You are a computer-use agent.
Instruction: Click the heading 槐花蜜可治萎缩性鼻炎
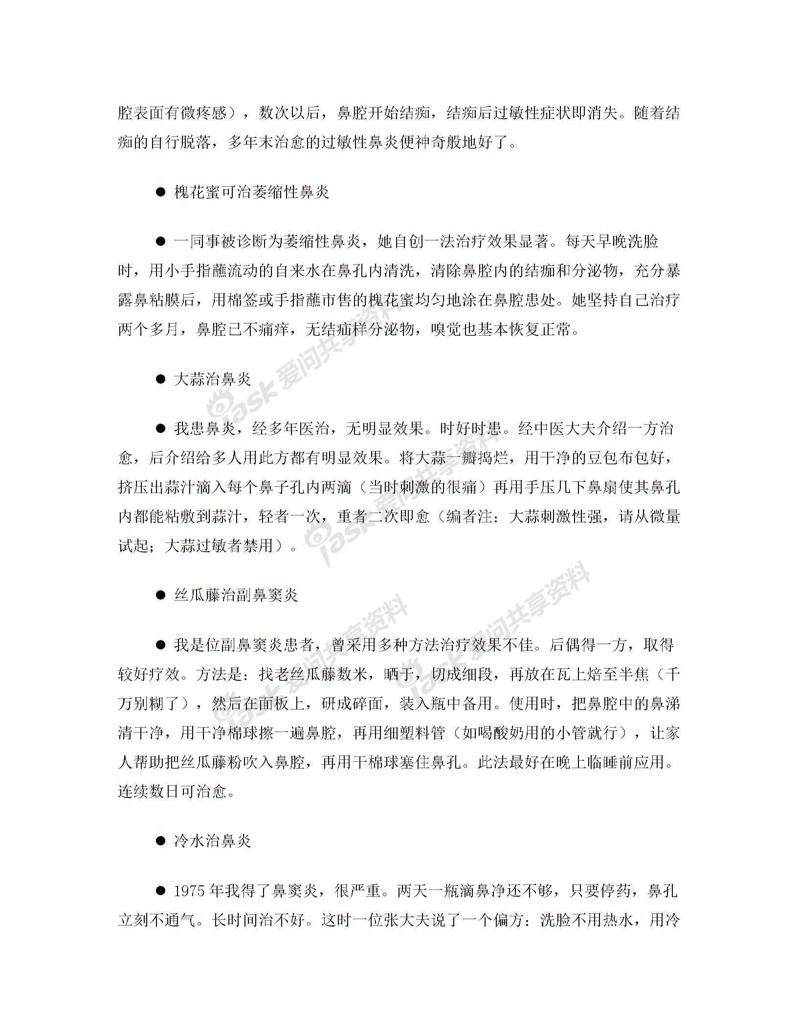click(251, 192)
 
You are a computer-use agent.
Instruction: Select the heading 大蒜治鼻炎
click(212, 379)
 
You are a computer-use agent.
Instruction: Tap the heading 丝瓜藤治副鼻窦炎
click(236, 595)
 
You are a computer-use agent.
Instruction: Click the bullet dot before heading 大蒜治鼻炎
click(160, 379)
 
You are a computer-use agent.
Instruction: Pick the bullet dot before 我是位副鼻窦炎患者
click(160, 645)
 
